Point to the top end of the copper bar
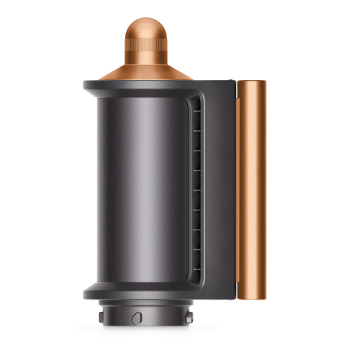click(251, 83)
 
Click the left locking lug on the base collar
click(99, 317)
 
